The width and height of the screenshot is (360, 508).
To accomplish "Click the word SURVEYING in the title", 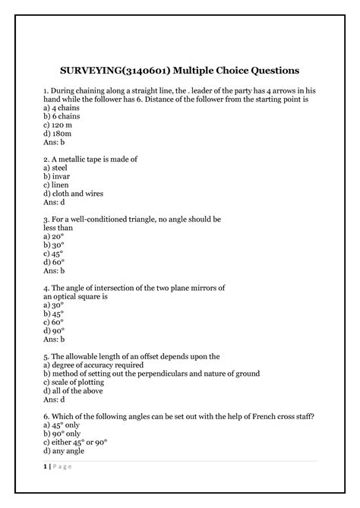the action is [90, 71].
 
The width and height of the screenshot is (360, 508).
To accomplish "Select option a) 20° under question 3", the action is [54, 237].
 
